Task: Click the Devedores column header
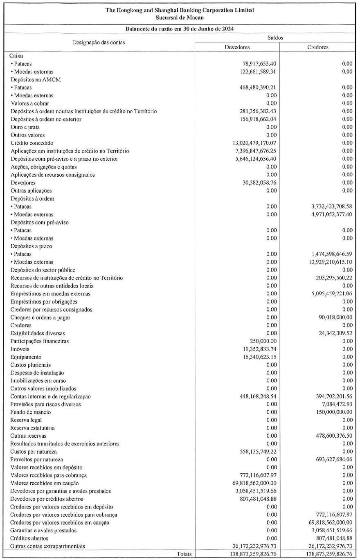(237, 47)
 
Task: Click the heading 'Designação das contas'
(99, 42)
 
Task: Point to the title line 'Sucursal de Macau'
(180, 17)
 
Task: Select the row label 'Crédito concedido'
(31, 143)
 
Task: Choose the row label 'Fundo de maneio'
(29, 412)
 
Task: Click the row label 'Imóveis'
(20, 349)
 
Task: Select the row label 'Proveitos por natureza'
(36, 459)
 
